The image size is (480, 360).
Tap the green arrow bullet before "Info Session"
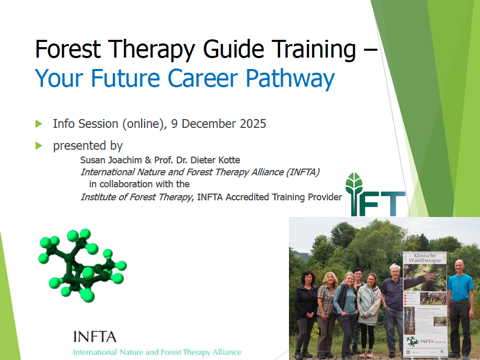39,123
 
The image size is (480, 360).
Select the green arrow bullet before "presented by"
39,145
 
